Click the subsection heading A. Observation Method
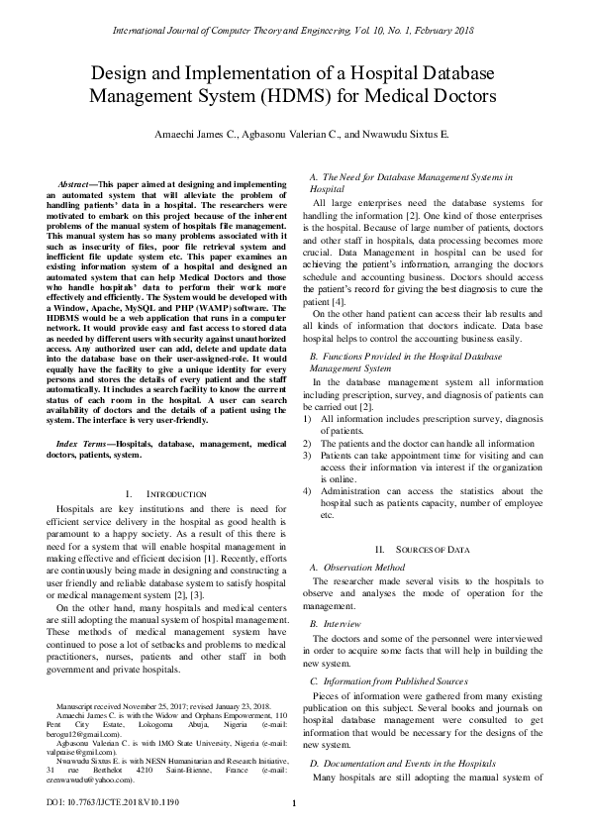coord(357,568)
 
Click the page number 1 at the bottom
coord(294,802)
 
